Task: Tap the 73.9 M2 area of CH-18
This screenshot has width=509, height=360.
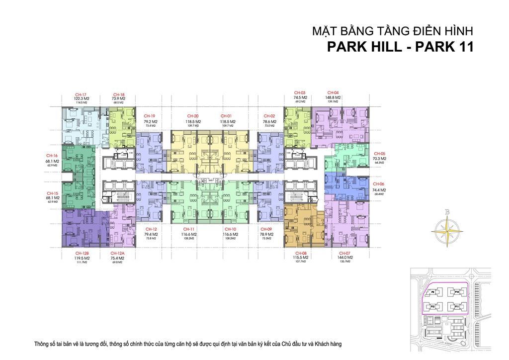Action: coord(118,98)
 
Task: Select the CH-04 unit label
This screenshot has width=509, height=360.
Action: coord(333,93)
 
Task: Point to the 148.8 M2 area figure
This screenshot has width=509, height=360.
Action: coord(333,97)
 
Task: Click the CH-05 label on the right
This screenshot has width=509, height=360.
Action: coord(380,154)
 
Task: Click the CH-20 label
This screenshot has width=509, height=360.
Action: coord(191,116)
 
